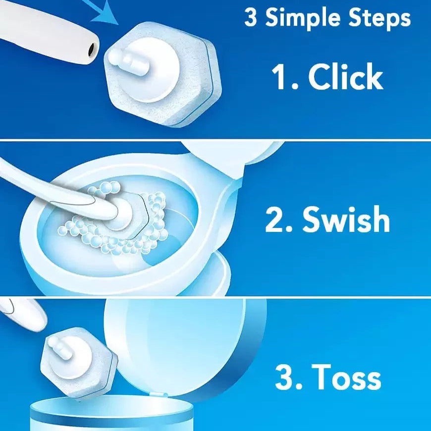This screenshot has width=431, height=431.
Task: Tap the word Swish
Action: (x=346, y=219)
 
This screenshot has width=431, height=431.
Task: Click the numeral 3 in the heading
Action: (x=251, y=18)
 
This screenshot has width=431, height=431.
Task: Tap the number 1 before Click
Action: (x=280, y=76)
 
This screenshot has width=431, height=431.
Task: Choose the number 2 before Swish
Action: (x=274, y=219)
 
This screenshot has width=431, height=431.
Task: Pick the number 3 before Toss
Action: (x=285, y=377)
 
